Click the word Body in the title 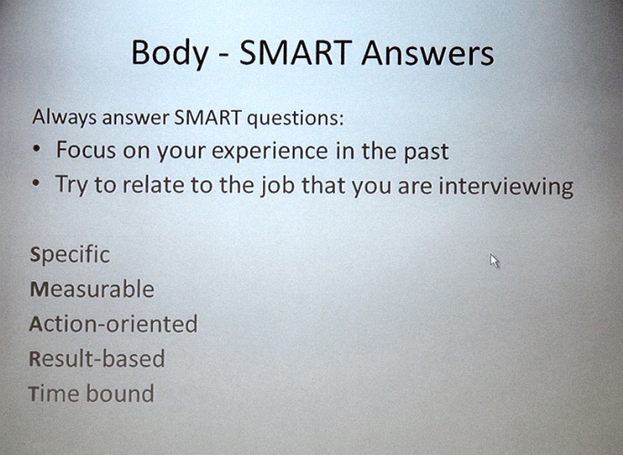170,54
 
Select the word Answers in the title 427,53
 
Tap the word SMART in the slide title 296,53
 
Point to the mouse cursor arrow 494,261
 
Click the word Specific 70,255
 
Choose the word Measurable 92,288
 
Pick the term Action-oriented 114,323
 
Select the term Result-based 97,359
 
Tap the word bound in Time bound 120,393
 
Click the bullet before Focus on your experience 36,149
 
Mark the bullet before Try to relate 36,184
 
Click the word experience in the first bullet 269,151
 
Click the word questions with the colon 296,118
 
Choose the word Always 65,117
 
